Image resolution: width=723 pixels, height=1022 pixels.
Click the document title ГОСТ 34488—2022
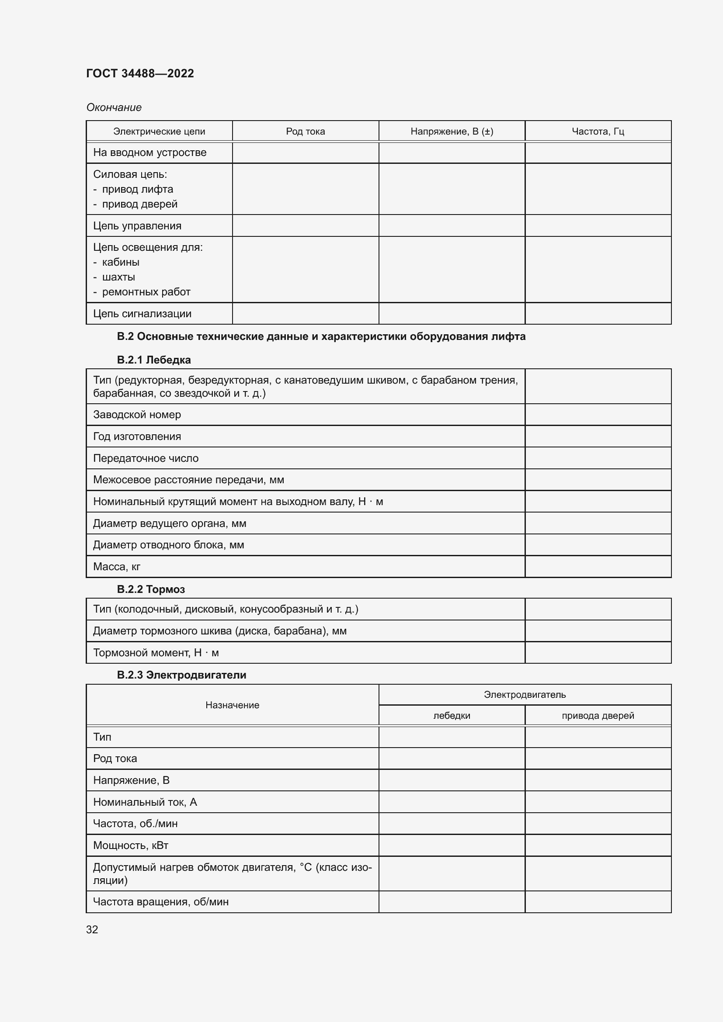[x=140, y=73]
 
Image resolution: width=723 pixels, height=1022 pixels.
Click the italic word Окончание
[x=114, y=107]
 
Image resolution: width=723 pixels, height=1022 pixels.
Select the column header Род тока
[x=305, y=132]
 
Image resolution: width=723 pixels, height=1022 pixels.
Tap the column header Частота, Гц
[x=598, y=132]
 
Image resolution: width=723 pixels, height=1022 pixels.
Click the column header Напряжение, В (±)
[x=452, y=132]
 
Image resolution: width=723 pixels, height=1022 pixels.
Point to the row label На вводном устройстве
[x=149, y=152]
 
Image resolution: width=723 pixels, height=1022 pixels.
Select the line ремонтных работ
[x=146, y=292]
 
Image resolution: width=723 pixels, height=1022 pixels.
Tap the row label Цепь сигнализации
[x=142, y=314]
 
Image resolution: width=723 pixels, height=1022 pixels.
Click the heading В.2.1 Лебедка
[x=153, y=360]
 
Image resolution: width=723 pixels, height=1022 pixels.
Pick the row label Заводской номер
[x=137, y=415]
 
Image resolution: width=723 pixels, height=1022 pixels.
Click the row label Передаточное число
[x=146, y=458]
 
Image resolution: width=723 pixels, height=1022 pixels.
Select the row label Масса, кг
[x=117, y=567]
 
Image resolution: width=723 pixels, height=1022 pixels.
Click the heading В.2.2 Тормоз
[x=150, y=589]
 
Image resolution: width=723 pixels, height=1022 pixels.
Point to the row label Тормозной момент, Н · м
[x=156, y=653]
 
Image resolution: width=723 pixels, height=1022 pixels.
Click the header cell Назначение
[x=232, y=705]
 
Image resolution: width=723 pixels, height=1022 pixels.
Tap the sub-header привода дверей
[x=598, y=716]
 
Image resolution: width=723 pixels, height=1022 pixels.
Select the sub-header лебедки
[x=452, y=716]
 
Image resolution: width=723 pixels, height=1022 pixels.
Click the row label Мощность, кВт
[x=130, y=845]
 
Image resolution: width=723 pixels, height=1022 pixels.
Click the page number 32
[x=92, y=929]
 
